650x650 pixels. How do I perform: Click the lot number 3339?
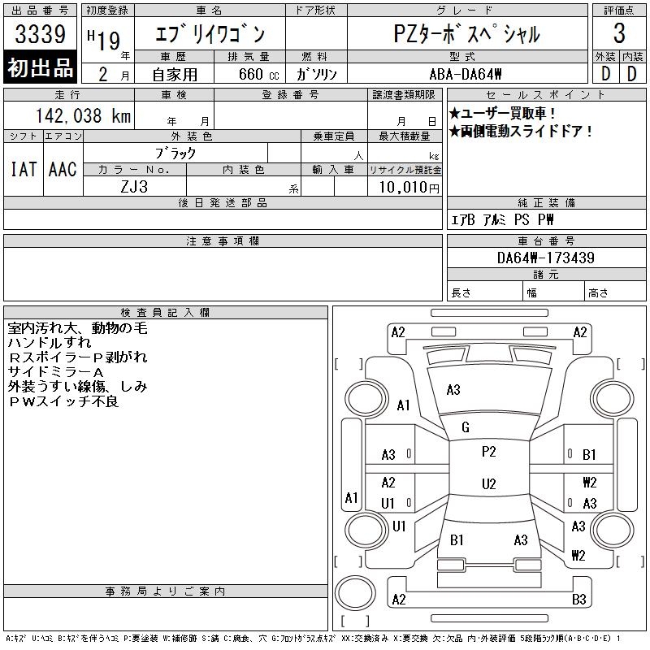pyautogui.click(x=40, y=35)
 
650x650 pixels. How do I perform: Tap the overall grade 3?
pyautogui.click(x=619, y=34)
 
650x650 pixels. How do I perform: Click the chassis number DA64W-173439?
pyautogui.click(x=545, y=258)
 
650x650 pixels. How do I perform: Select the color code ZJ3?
pyautogui.click(x=134, y=186)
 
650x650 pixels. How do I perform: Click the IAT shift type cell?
pyautogui.click(x=23, y=169)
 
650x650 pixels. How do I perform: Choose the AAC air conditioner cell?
pyautogui.click(x=63, y=169)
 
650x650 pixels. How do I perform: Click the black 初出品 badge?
pyautogui.click(x=40, y=68)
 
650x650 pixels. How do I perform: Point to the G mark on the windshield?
pyautogui.click(x=466, y=427)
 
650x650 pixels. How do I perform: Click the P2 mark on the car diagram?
pyautogui.click(x=488, y=452)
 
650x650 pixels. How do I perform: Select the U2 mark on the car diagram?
pyautogui.click(x=488, y=484)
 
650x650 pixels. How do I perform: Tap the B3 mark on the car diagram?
pyautogui.click(x=579, y=600)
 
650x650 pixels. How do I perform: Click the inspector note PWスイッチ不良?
pyautogui.click(x=63, y=401)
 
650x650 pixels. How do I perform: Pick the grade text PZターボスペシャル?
pyautogui.click(x=466, y=35)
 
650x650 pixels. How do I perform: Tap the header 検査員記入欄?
pyautogui.click(x=165, y=312)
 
